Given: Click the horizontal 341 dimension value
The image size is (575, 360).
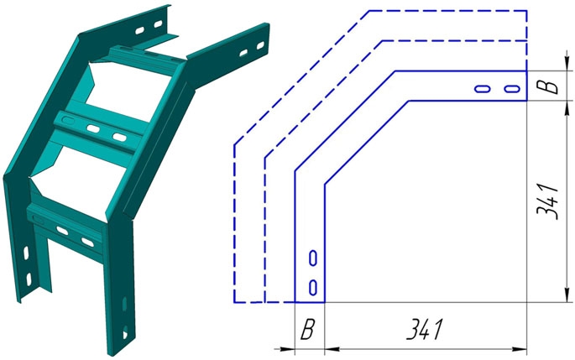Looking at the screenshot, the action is [425, 329].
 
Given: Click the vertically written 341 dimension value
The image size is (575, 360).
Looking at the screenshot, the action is [547, 201].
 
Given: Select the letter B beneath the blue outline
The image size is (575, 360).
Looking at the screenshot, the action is [307, 329].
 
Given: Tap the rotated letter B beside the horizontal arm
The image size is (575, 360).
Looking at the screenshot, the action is [547, 86].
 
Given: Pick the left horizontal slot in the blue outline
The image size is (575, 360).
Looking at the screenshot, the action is [483, 89].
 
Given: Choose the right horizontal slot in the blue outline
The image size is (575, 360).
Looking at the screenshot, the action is [512, 89].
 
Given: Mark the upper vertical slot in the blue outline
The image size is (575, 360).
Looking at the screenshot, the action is [313, 258].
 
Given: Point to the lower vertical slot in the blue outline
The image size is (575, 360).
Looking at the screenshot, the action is [313, 288].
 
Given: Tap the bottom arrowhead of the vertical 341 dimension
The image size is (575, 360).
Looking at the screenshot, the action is [567, 295].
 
